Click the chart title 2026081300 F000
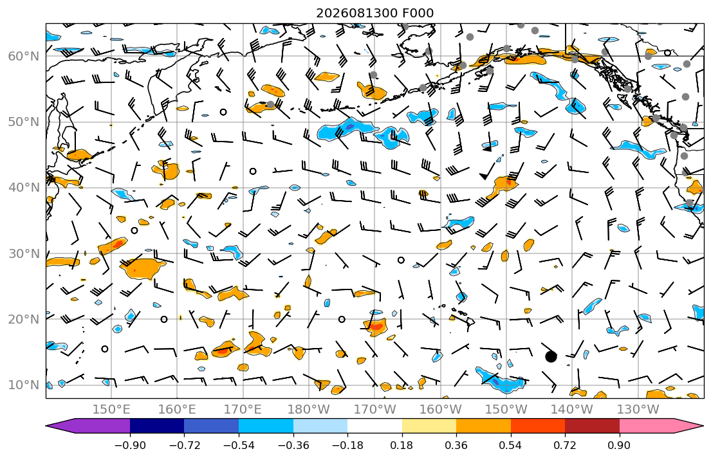[374, 13]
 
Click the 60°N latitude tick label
[24, 56]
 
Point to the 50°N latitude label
[24, 122]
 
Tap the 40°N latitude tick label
[24, 187]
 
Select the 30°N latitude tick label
[24, 253]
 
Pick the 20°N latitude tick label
[24, 319]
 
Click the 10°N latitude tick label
[24, 385]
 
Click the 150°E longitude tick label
[111, 410]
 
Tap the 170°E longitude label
[243, 410]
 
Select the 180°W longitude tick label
[309, 410]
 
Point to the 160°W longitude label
[440, 410]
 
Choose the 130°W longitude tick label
[638, 410]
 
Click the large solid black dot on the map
[551, 357]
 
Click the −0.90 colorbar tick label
[130, 445]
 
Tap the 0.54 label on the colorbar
[511, 445]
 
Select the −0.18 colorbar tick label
[347, 445]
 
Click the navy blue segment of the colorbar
[157, 426]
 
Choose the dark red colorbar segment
[592, 426]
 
